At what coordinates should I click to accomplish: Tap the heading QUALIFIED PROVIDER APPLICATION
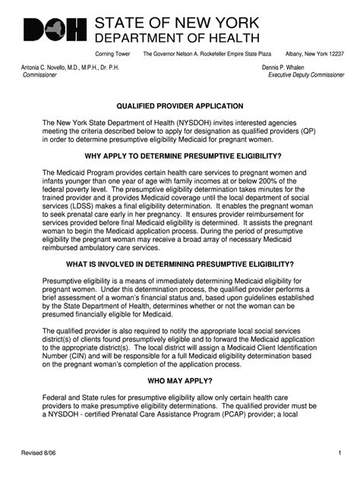coord(179,106)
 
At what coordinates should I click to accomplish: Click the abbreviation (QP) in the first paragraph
coord(307,131)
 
